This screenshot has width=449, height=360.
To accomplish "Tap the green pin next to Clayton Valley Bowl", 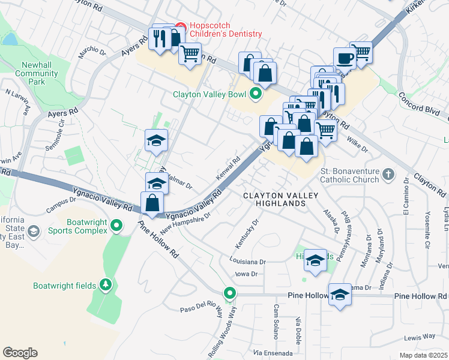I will (256, 94).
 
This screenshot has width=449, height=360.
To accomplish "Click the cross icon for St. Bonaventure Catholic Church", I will (388, 174).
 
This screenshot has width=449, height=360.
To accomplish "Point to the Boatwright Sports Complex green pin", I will (117, 226).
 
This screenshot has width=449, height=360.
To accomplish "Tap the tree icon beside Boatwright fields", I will (106, 284).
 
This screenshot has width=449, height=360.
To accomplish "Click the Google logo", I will (20, 352).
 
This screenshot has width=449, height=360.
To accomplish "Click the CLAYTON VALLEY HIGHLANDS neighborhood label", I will (274, 199).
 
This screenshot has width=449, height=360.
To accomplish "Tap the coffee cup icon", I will (345, 58).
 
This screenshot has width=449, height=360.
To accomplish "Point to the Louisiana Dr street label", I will (247, 262).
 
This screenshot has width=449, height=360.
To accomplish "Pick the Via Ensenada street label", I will (273, 353).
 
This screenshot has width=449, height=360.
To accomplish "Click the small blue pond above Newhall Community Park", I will (10, 40).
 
